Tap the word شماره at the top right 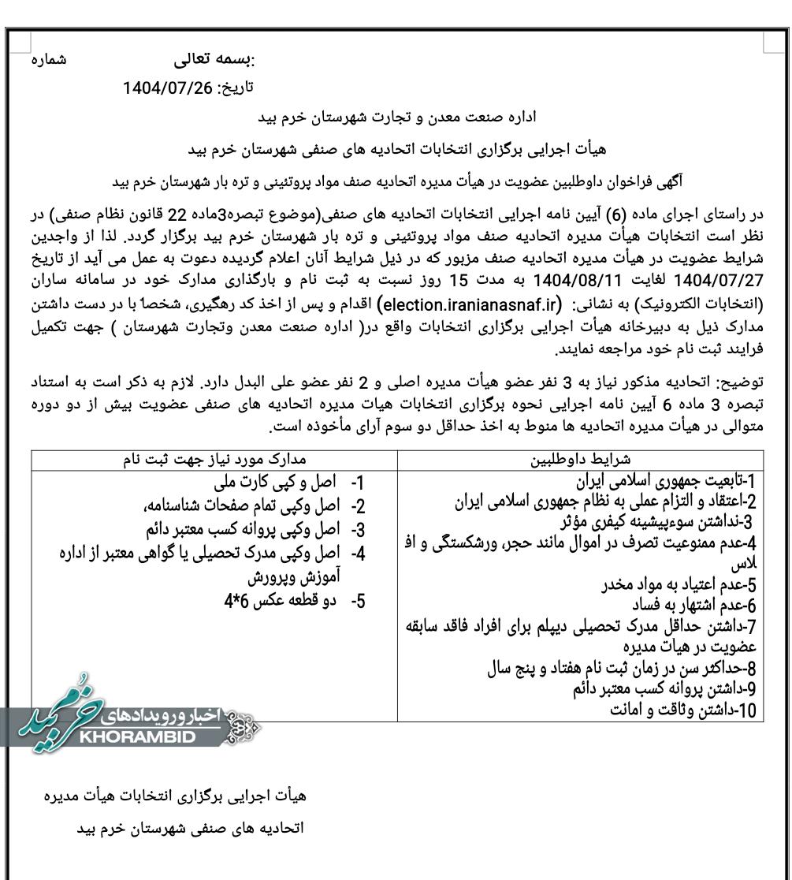tap(49, 60)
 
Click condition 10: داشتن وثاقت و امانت tap(683, 710)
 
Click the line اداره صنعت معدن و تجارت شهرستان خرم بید tap(398, 117)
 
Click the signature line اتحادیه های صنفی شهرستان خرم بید tap(190, 829)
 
